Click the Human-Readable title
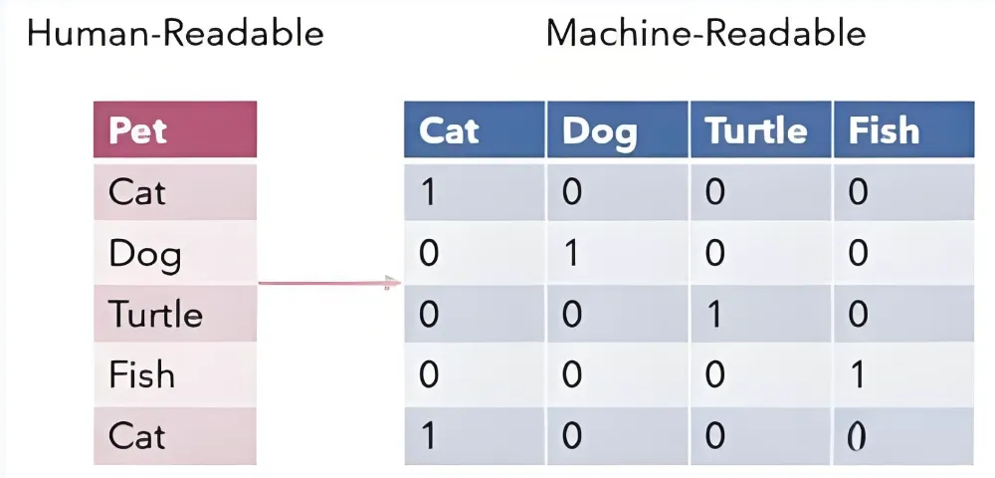175,34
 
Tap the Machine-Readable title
705,34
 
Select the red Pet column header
175,129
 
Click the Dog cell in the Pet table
175,253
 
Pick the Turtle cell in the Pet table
175,315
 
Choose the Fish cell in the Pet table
175,374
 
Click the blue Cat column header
474,129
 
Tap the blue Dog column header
617,129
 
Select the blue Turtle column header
760,129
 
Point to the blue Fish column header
903,129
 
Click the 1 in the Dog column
572,253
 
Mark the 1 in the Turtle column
715,315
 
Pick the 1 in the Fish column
858,374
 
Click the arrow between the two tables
330,283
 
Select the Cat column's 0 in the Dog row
429,253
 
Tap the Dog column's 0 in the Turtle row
572,315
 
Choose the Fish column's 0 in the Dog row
858,253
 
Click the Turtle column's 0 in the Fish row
715,374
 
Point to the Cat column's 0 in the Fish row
429,374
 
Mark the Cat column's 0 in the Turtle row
429,315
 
